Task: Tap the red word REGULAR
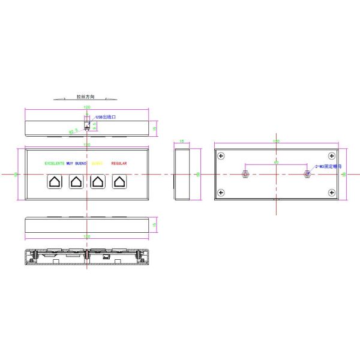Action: (x=119, y=163)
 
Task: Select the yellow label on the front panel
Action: (x=97, y=163)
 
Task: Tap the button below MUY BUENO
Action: (x=76, y=181)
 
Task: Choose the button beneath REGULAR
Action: (x=119, y=181)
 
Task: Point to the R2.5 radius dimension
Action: (x=74, y=131)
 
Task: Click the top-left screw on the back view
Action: (x=222, y=156)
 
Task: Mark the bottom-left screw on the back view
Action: (x=222, y=193)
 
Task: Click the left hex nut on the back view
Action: (x=245, y=174)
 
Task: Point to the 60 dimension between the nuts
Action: (x=276, y=162)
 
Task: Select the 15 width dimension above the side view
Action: (x=182, y=142)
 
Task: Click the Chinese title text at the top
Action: (x=86, y=96)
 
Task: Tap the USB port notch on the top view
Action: (x=86, y=126)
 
